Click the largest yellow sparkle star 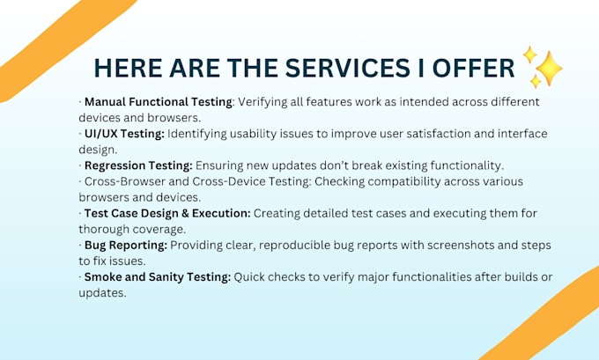coord(549,69)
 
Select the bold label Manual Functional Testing coord(159,102)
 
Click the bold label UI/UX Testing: coord(124,134)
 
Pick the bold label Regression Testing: coord(138,165)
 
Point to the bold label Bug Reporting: coord(126,246)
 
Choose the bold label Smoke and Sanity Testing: coord(158,277)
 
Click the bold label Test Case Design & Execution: coord(167,213)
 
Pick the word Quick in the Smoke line coord(249,276)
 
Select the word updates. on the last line coord(102,293)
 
